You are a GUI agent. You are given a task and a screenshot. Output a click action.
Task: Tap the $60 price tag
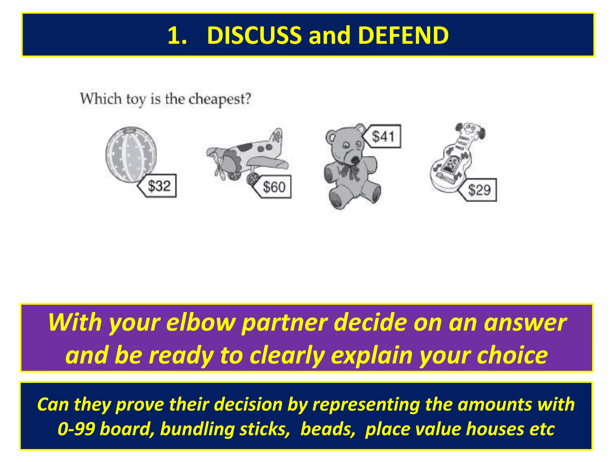coord(273,187)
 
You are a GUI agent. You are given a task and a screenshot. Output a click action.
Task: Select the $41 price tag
coord(383,136)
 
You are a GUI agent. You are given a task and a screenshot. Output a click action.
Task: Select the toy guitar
coord(454,159)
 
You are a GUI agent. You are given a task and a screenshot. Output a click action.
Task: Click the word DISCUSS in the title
coord(254,35)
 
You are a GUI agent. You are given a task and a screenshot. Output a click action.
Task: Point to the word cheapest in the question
coord(220,99)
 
